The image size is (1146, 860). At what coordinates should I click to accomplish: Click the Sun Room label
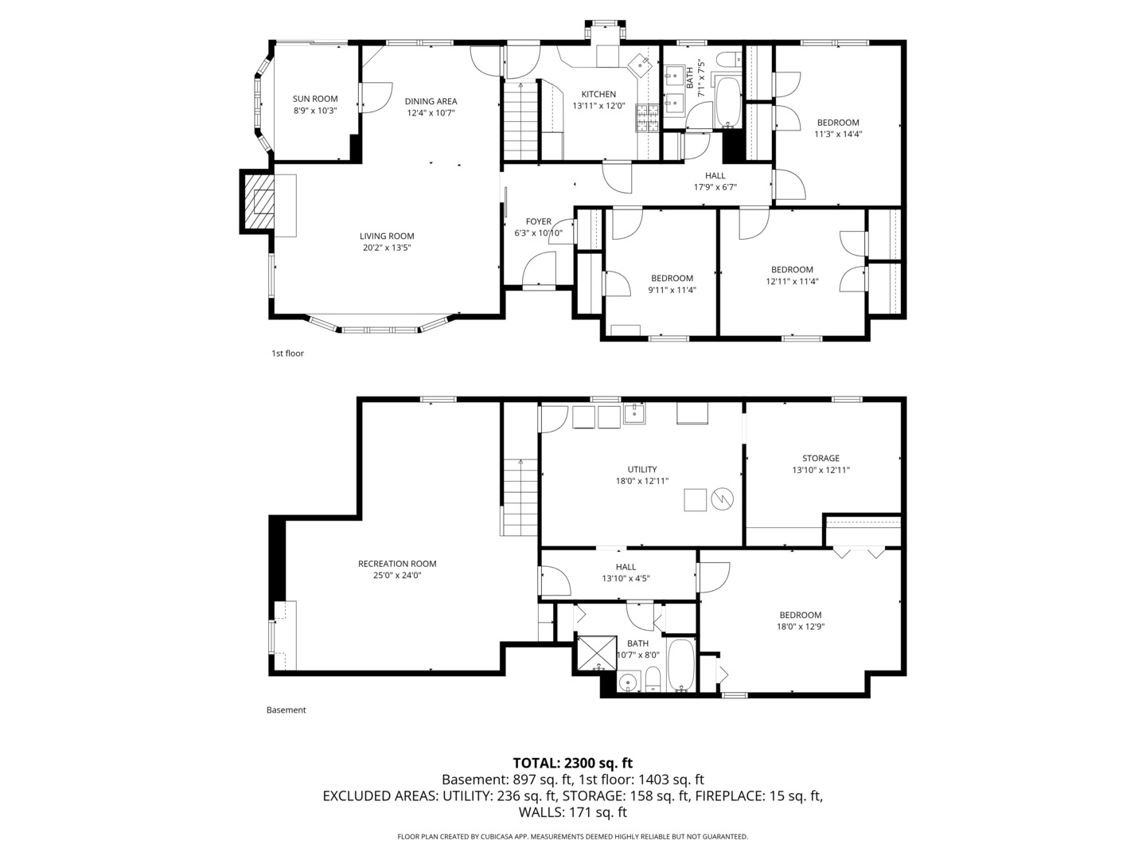[x=315, y=99]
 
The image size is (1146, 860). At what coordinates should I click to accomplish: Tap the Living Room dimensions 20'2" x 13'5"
[x=387, y=248]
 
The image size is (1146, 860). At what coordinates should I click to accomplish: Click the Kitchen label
[x=598, y=94]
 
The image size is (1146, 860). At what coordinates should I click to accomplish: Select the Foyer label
[x=539, y=221]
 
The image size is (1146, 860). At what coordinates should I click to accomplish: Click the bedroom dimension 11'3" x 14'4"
[x=838, y=135]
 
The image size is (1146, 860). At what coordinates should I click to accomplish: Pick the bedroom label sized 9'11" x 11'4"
[x=672, y=278]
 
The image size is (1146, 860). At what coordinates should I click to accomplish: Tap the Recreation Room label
[x=397, y=564]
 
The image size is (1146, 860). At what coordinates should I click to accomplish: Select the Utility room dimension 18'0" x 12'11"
[x=641, y=481]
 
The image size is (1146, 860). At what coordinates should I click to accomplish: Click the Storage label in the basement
[x=821, y=458]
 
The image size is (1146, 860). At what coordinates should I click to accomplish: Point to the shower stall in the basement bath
[x=595, y=652]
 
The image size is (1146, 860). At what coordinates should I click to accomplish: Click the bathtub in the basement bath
[x=681, y=664]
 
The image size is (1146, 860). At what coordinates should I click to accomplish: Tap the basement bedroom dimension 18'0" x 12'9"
[x=800, y=627]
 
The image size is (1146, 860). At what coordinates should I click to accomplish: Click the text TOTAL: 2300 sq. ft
[x=572, y=763]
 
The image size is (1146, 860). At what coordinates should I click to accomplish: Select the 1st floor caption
[x=287, y=354]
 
